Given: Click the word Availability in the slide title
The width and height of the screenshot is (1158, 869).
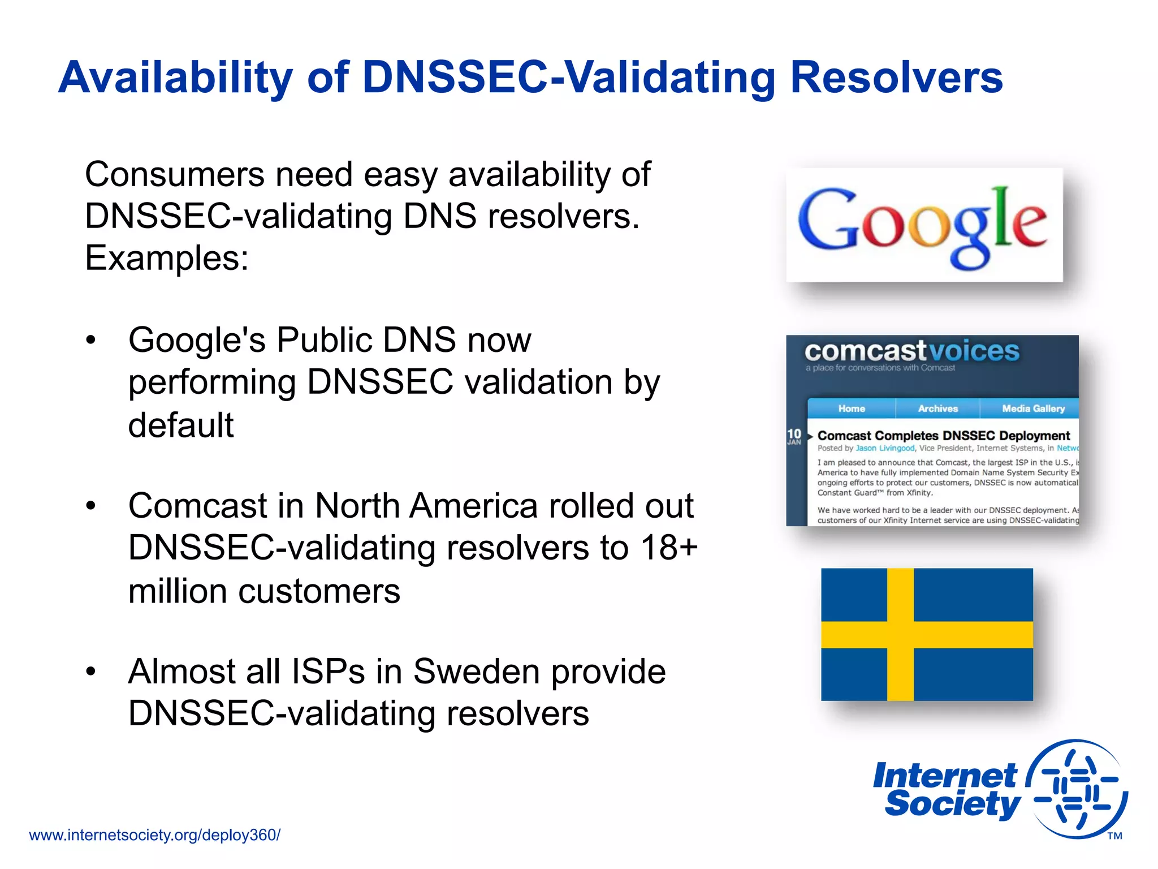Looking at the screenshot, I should click(x=175, y=78).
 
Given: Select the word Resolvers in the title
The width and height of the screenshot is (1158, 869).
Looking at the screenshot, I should click(x=896, y=78).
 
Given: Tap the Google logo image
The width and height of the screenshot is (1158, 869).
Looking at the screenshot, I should click(x=924, y=225).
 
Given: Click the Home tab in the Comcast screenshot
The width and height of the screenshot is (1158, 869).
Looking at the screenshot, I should click(x=851, y=408).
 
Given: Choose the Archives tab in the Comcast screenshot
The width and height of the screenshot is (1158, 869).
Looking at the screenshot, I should click(x=937, y=408).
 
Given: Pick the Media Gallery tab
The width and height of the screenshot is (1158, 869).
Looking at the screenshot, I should click(x=1032, y=408).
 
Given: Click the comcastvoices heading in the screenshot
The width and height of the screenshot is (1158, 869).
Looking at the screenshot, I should click(x=911, y=351).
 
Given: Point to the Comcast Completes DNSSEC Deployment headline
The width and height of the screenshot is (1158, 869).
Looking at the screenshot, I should click(x=943, y=436).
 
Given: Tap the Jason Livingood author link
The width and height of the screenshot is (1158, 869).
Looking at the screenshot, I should click(x=884, y=448).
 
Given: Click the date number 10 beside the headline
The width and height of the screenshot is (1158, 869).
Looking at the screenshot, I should click(x=794, y=434).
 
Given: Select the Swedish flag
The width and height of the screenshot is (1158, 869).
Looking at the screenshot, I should click(x=926, y=634).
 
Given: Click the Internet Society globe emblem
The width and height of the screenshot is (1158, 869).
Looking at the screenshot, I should click(x=1077, y=789).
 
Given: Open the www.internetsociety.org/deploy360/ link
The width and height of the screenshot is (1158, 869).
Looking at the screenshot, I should click(x=154, y=835).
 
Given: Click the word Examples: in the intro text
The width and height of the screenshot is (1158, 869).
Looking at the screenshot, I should click(x=167, y=258).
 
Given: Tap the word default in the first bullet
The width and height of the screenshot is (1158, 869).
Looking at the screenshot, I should click(x=181, y=425).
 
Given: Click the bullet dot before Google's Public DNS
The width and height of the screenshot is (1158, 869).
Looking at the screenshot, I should click(x=91, y=341).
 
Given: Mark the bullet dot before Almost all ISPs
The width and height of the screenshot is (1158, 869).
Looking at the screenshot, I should click(x=91, y=672).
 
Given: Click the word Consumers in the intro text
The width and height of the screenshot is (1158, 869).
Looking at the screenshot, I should click(x=175, y=174).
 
